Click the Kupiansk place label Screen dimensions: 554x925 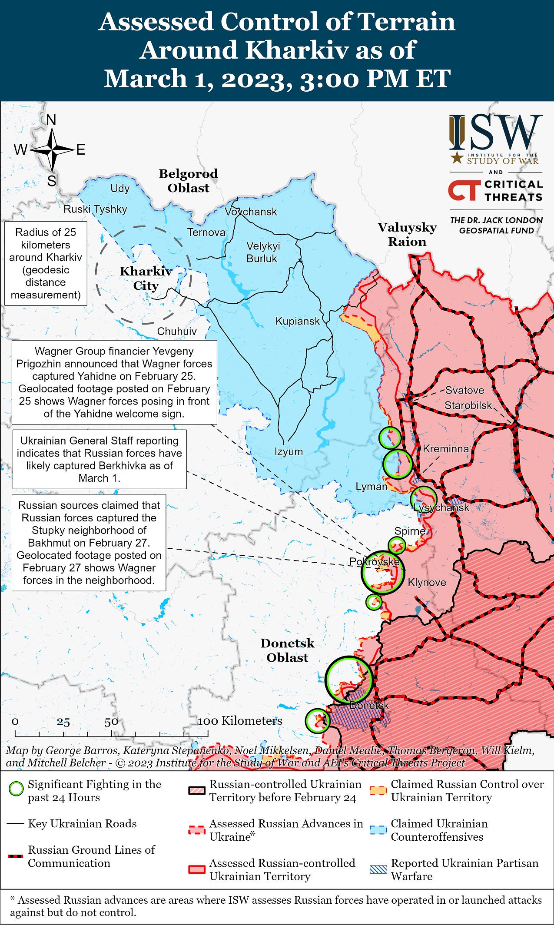[x=297, y=322]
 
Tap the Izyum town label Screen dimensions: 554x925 [x=289, y=451]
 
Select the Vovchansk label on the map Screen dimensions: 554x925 [x=251, y=212]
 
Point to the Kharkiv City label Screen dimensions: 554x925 [x=146, y=278]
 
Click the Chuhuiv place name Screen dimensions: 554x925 [x=176, y=332]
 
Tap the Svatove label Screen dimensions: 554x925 [x=464, y=390]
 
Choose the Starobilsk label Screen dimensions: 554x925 [x=468, y=405]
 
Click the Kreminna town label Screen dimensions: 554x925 [x=445, y=449]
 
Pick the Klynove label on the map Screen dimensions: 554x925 [x=427, y=583]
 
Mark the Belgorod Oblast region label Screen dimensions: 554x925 [x=188, y=181]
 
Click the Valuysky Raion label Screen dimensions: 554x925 [x=407, y=235]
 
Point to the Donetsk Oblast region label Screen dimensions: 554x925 [x=287, y=650]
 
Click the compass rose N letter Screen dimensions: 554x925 [x=51, y=120]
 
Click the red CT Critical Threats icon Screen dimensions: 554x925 [x=464, y=191]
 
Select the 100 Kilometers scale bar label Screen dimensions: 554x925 [x=240, y=721]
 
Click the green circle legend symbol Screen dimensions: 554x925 [x=16, y=789]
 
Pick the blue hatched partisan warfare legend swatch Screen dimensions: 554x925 [x=378, y=869]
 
